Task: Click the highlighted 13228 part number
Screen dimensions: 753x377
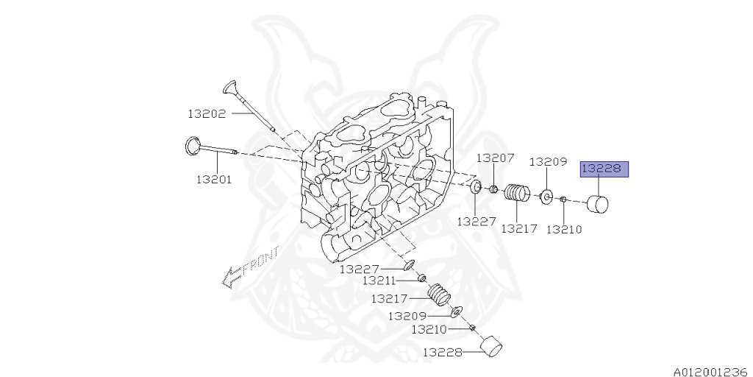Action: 602,169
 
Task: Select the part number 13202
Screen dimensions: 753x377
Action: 207,113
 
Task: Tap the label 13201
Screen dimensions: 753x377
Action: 214,179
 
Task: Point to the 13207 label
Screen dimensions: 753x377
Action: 495,158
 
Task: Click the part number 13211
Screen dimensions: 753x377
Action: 379,281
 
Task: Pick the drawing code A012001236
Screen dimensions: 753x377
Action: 709,372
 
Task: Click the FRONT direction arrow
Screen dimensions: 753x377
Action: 251,267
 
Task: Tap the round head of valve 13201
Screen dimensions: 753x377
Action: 193,145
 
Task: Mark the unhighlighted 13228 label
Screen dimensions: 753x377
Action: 441,353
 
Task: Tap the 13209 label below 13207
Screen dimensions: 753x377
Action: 548,161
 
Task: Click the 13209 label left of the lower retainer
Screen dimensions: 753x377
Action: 408,316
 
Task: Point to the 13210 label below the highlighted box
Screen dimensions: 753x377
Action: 564,229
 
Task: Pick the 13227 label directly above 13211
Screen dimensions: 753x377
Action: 359,269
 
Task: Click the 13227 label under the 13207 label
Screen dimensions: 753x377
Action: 476,221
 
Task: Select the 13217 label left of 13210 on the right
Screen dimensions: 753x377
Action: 519,228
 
